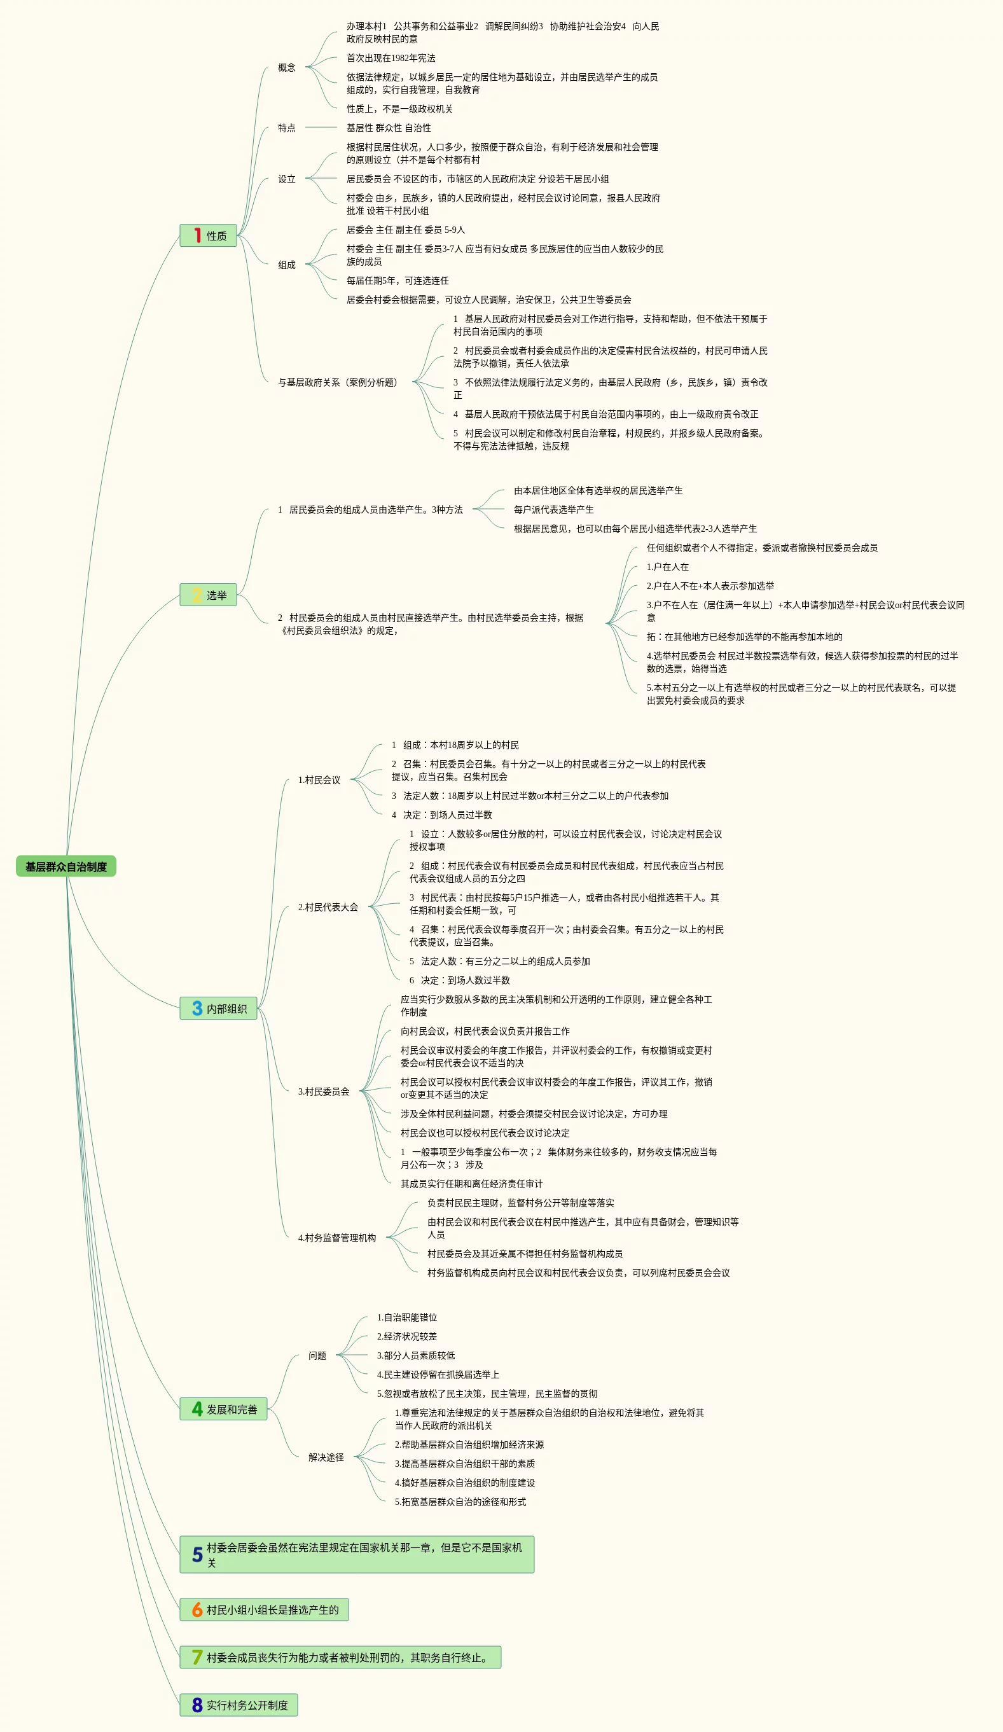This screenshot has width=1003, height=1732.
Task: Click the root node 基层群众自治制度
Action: pyautogui.click(x=66, y=866)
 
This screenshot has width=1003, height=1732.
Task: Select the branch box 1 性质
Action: pyautogui.click(x=209, y=236)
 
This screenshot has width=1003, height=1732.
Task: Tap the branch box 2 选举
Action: pyautogui.click(x=209, y=595)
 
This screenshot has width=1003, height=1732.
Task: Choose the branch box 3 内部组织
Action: pyautogui.click(x=219, y=1008)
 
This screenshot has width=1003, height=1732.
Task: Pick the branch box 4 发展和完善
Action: pyautogui.click(x=223, y=1409)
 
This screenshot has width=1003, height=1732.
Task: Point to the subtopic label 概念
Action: pyautogui.click(x=287, y=67)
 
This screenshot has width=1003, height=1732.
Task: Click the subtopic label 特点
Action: pyautogui.click(x=287, y=128)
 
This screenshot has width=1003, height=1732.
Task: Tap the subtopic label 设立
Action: pyautogui.click(x=287, y=179)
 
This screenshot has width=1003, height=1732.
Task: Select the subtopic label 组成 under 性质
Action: pyautogui.click(x=287, y=265)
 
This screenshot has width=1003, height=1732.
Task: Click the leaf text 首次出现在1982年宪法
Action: pyautogui.click(x=391, y=59)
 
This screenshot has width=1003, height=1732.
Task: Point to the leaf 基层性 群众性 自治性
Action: pyautogui.click(x=389, y=128)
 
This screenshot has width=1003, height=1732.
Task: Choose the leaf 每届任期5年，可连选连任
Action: pyautogui.click(x=398, y=281)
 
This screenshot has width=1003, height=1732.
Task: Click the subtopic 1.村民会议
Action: pyautogui.click(x=319, y=780)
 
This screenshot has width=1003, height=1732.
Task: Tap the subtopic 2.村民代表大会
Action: pyautogui.click(x=328, y=907)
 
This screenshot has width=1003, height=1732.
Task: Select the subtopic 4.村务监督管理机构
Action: pyautogui.click(x=337, y=1238)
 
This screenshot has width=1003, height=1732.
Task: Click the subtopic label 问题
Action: pyautogui.click(x=317, y=1355)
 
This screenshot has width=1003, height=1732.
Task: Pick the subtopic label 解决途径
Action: pyautogui.click(x=326, y=1457)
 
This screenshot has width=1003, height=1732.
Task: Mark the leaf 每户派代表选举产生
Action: pyautogui.click(x=553, y=509)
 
